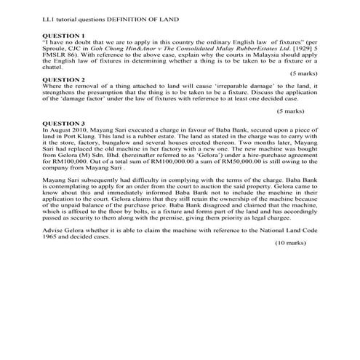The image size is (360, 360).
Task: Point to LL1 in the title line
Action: click(49, 17)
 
